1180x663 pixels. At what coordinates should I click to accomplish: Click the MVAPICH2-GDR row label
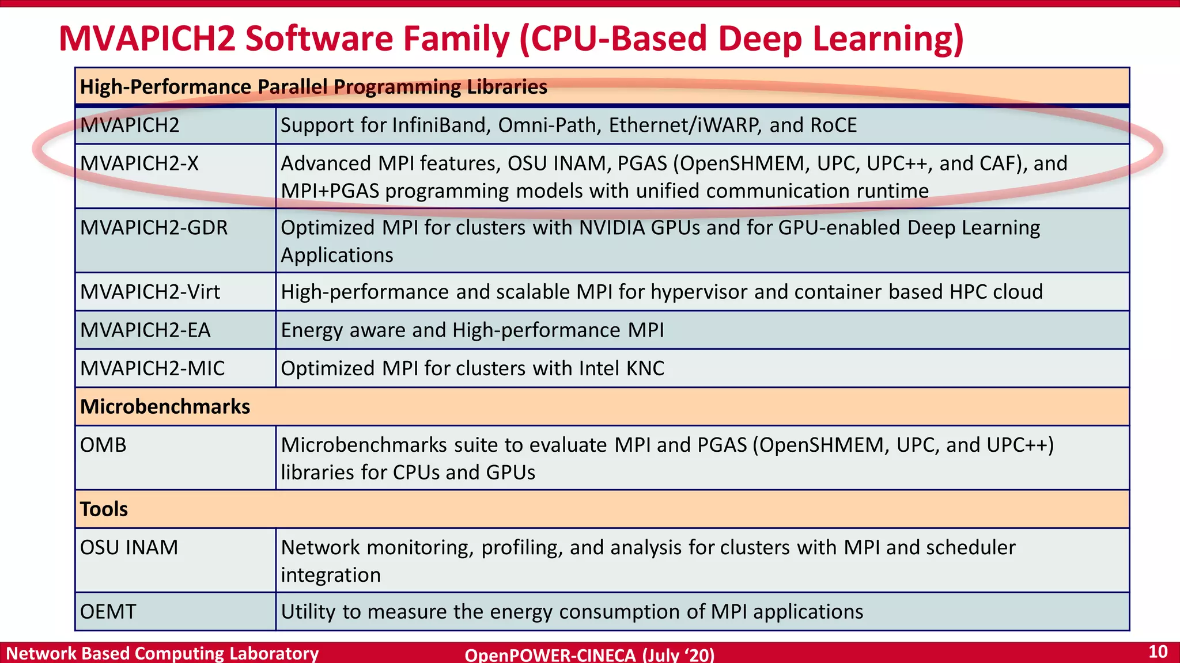point(154,228)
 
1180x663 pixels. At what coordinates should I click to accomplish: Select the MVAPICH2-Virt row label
point(150,292)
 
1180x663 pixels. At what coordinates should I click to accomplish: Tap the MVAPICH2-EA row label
point(145,330)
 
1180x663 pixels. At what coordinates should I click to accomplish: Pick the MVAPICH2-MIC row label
point(152,368)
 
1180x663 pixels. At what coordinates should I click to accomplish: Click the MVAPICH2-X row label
point(139,164)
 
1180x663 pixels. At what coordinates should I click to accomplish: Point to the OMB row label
point(103,445)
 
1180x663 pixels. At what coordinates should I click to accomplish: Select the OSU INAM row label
point(129,547)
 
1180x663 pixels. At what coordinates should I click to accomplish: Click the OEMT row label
point(108,612)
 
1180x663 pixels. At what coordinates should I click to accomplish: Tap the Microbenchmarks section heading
point(165,407)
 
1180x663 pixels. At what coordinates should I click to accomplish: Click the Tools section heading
point(104,509)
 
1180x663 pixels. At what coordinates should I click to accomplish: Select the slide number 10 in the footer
point(1158,652)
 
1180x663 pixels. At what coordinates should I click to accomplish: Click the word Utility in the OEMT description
point(308,612)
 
